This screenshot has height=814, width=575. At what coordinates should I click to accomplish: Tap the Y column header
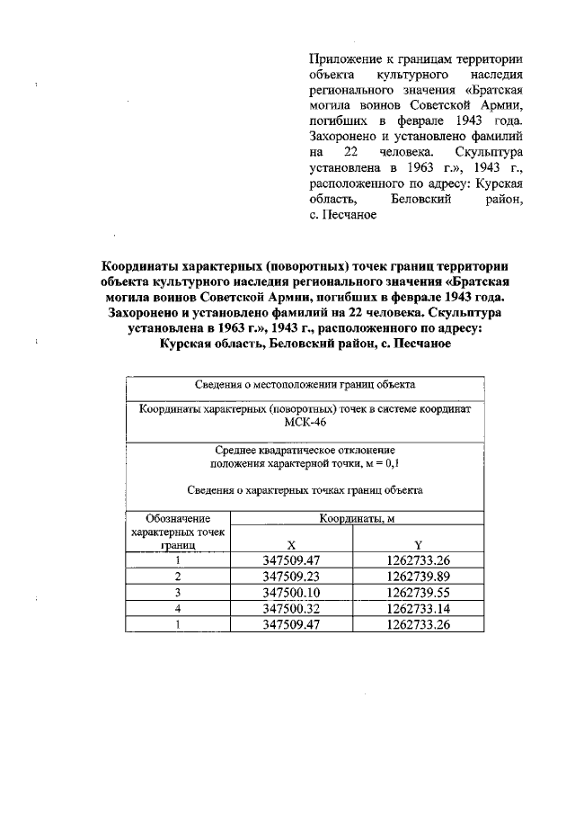[x=418, y=545]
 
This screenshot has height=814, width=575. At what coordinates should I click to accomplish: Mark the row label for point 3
[x=178, y=593]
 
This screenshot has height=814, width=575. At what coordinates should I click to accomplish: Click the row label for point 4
[x=178, y=609]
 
